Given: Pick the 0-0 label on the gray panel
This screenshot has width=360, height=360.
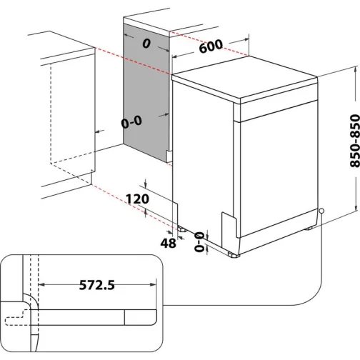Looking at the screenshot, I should pyautogui.click(x=133, y=122).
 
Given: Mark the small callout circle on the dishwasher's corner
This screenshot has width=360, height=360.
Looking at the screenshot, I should pyautogui.click(x=323, y=211).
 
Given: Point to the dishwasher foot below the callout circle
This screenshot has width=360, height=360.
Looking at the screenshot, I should pyautogui.click(x=310, y=228).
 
